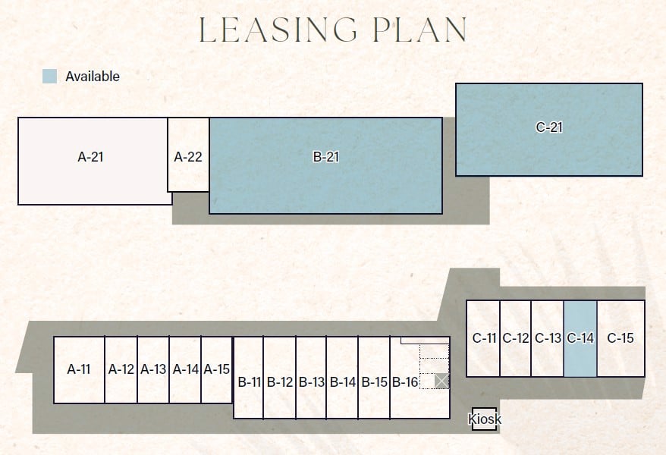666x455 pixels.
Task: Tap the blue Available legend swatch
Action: coord(50,76)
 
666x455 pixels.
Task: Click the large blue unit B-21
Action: coord(325,165)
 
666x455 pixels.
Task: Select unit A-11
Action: coord(79,370)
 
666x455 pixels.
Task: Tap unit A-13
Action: coord(153,370)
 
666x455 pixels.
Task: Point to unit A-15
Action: coord(216,370)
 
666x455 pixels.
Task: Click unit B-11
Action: coord(249,381)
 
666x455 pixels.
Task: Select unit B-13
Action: coord(311,381)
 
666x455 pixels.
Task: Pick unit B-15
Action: coord(374,381)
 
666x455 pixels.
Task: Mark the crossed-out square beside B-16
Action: coord(442,381)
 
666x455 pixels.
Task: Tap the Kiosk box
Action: coord(485,419)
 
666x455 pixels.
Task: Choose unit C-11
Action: coord(484,338)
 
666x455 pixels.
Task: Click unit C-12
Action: coord(515,338)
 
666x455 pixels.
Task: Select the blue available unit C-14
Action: coord(580,338)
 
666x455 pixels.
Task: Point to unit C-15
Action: coord(620,338)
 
